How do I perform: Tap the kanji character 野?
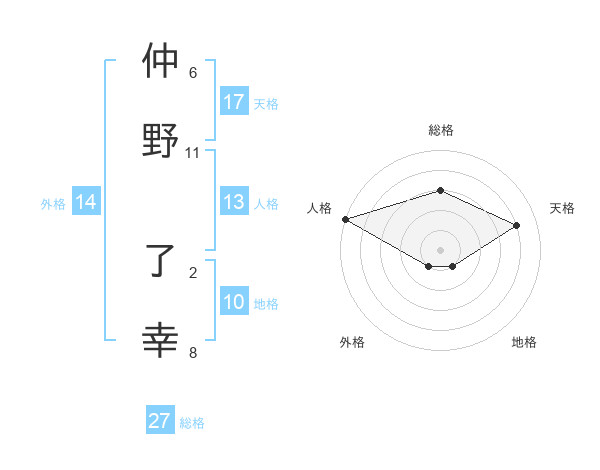tap(161, 139)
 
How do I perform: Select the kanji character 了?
tap(161, 262)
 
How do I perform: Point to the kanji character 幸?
tap(161, 341)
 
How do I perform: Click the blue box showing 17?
tap(234, 102)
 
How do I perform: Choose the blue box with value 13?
tap(234, 202)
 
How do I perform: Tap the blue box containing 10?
tap(234, 302)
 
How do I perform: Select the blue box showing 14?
tap(86, 202)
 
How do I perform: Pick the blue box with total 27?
tap(160, 421)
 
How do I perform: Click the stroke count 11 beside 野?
tap(193, 153)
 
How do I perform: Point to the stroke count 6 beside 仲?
tap(193, 73)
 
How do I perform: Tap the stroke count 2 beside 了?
tap(193, 272)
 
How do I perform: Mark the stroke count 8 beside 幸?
tap(193, 352)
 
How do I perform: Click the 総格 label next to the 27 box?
tap(192, 423)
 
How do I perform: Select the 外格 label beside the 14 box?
tap(53, 203)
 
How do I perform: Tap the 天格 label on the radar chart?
tap(562, 208)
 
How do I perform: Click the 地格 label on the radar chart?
tap(524, 342)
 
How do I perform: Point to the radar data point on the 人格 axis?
tap(345, 219)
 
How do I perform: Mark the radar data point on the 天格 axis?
tap(517, 225)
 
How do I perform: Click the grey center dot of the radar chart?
tap(440, 248)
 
